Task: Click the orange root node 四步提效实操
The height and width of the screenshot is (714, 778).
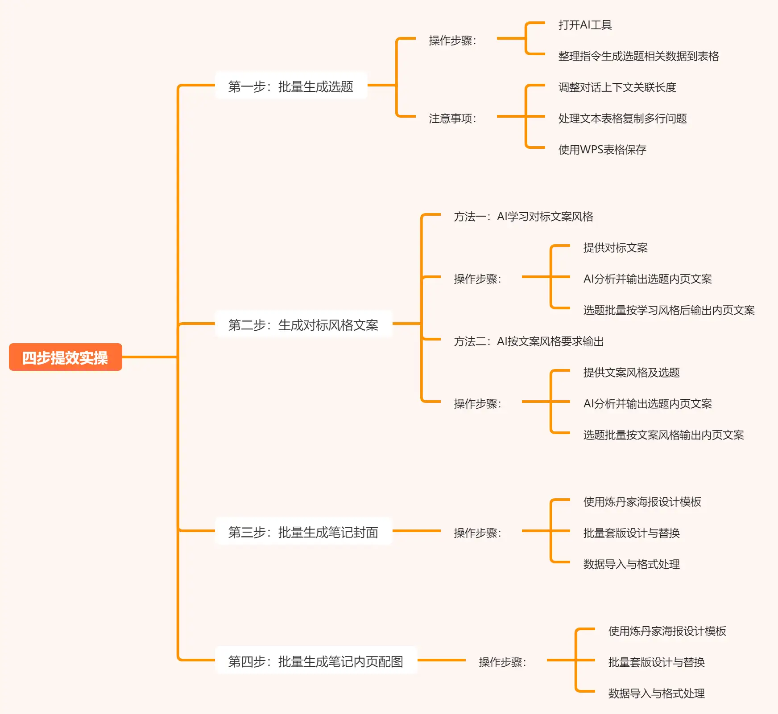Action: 65,357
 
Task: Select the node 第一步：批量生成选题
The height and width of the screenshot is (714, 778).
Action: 290,86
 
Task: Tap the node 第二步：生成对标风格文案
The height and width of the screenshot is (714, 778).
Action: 303,324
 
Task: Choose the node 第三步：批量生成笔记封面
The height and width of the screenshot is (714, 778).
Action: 303,531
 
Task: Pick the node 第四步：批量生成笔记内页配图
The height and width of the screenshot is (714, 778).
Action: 315,661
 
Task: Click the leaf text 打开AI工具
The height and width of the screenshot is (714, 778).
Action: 585,25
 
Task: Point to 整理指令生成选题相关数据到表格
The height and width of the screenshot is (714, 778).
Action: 638,56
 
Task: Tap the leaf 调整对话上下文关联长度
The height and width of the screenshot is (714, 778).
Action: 617,87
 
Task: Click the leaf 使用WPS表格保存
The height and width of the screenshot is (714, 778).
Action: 602,150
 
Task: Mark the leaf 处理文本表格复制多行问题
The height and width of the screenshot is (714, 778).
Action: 622,119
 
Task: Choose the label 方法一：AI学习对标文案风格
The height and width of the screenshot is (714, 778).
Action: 523,217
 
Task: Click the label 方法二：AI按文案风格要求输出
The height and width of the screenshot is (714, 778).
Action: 529,341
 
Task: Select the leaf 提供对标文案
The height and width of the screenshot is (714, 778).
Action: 615,248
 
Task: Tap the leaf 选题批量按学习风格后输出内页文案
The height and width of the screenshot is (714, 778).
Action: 669,310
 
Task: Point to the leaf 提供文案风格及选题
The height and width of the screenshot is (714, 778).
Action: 631,373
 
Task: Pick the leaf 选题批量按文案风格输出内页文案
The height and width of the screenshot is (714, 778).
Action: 663,435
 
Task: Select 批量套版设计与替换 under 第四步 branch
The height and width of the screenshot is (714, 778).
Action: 656,662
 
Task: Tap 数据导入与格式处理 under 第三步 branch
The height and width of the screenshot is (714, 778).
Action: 631,564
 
